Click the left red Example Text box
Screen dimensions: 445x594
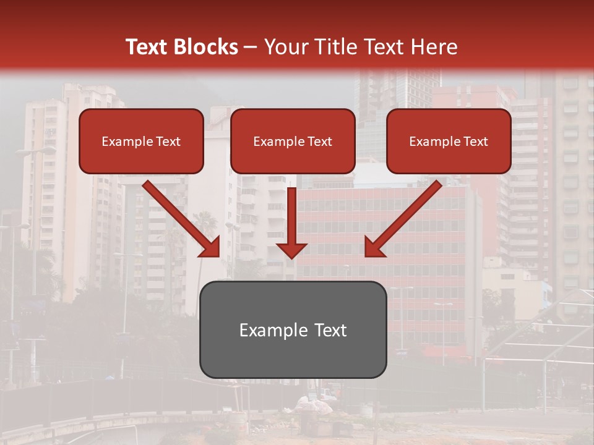[x=141, y=142]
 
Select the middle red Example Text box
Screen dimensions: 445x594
[x=293, y=142]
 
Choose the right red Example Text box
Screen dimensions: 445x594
[x=449, y=142]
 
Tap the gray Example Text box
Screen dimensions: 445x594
[x=293, y=329]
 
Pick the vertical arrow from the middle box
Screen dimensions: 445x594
[x=292, y=216]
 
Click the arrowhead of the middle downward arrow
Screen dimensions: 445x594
[x=292, y=249]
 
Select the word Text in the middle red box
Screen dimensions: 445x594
[x=319, y=142]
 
